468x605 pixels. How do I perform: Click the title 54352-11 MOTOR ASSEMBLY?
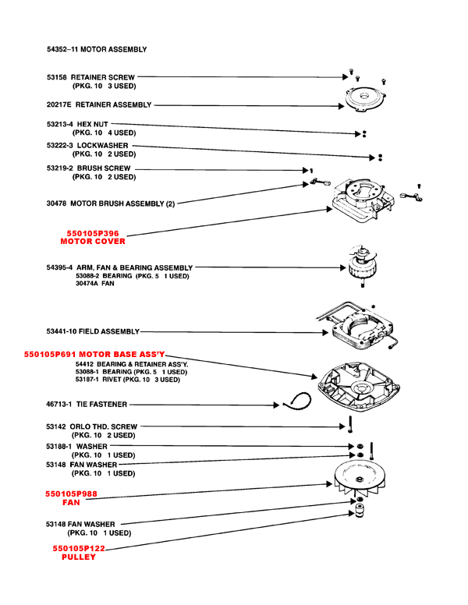(97, 49)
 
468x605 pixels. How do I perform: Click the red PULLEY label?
(78, 558)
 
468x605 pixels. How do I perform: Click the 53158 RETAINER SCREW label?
(90, 78)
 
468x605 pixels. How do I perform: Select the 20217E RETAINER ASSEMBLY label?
(99, 104)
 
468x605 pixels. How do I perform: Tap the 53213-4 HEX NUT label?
(77, 124)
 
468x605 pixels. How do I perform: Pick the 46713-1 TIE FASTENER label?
(87, 405)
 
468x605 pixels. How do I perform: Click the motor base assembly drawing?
(363, 384)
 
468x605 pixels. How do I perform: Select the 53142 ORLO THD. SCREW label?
(92, 427)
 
